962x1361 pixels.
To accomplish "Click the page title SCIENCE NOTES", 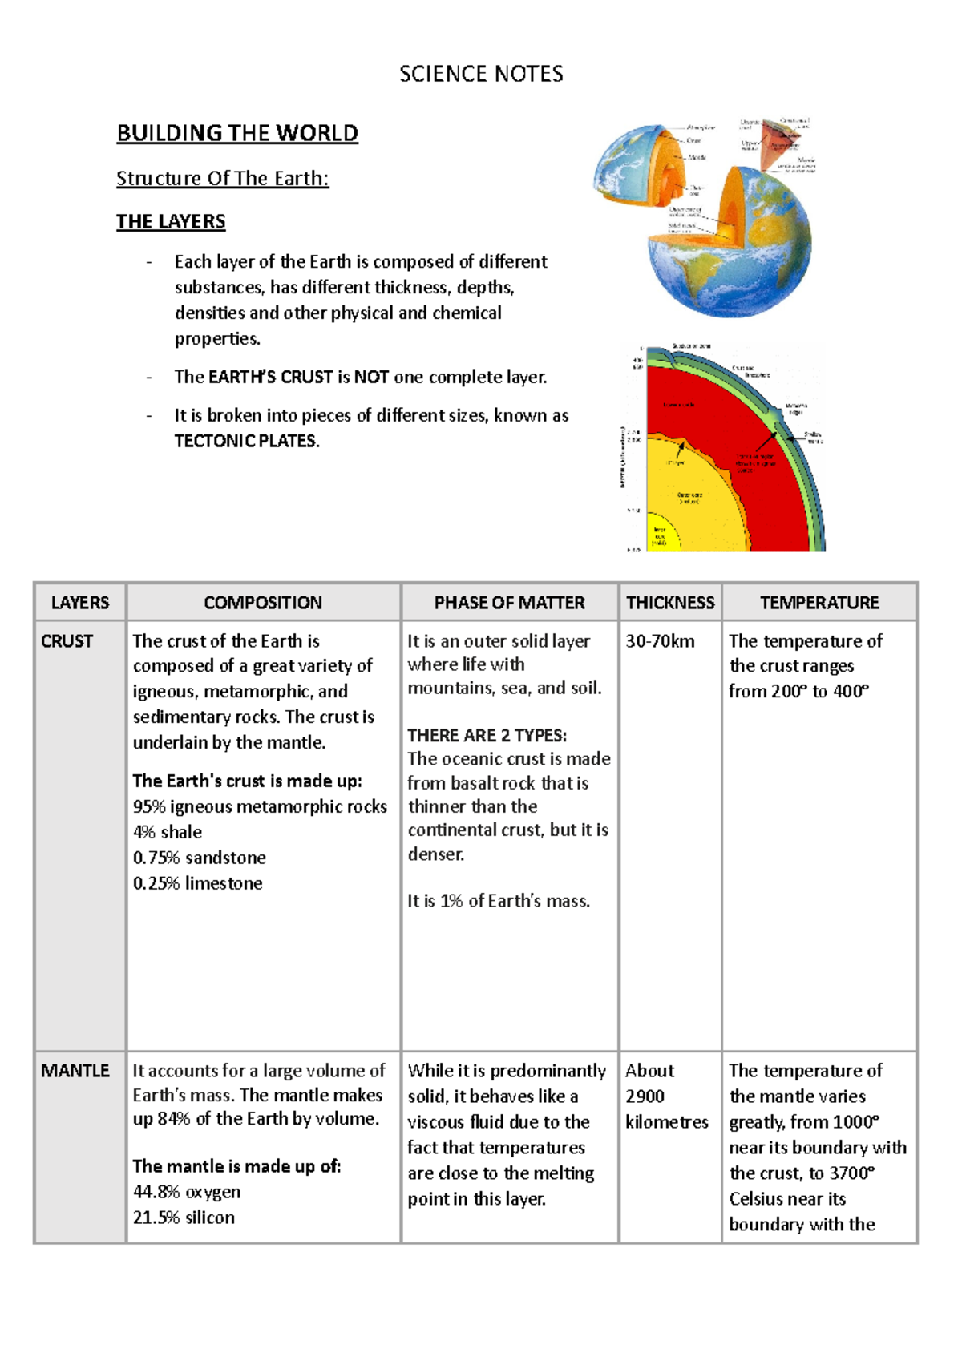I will click(x=481, y=74).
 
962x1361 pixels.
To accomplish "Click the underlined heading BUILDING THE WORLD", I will click(x=237, y=133).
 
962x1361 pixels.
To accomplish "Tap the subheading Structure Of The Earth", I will click(x=222, y=178).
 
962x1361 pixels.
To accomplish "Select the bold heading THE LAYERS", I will click(x=171, y=221).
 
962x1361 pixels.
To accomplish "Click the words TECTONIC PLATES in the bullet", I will click(x=246, y=441).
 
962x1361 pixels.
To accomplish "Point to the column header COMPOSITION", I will click(x=263, y=603).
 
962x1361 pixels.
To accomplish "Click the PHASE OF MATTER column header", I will click(x=509, y=603).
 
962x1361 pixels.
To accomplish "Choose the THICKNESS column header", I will click(x=670, y=603).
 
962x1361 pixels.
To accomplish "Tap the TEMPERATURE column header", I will click(x=819, y=603).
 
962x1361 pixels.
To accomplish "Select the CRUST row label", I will click(x=67, y=641).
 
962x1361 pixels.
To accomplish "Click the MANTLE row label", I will click(x=75, y=1071).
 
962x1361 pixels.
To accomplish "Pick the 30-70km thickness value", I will click(x=660, y=641).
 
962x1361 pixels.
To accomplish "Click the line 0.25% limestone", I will click(x=197, y=883).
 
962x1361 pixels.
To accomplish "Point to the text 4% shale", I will click(x=168, y=832).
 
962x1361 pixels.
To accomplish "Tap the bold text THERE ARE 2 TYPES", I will click(x=487, y=735).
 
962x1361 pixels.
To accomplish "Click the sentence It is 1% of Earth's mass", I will click(x=498, y=901).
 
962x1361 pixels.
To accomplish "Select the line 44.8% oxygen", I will click(x=187, y=1192).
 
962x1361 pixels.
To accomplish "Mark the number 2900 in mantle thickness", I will click(x=645, y=1096).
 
